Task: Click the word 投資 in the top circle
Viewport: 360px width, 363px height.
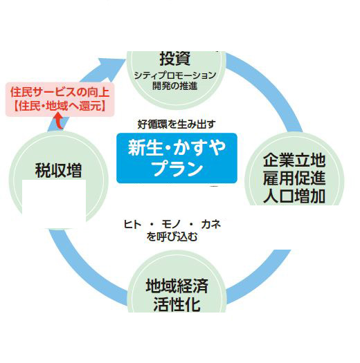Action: coord(175,58)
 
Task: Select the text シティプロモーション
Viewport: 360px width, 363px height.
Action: coord(175,75)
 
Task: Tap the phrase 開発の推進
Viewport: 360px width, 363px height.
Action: coord(175,86)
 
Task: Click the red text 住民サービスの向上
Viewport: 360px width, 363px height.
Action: coord(60,92)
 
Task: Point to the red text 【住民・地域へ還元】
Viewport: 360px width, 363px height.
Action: coord(60,106)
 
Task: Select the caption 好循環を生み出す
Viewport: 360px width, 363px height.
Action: coord(177,124)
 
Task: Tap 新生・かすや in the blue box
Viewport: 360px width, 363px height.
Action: coord(177,147)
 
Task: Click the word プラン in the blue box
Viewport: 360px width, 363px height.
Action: coord(177,168)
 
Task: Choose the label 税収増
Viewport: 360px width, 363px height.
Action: coord(58,170)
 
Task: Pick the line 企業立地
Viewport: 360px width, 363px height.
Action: coord(294,160)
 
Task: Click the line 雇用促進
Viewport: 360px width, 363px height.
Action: coord(294,178)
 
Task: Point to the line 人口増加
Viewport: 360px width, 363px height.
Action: coord(294,196)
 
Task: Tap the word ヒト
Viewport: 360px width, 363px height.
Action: coord(132,224)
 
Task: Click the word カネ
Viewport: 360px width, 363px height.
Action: coord(211,224)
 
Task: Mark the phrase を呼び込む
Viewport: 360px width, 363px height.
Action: coord(172,236)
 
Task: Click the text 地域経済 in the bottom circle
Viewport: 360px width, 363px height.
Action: coord(177,286)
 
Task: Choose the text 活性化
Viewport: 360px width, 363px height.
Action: coord(177,304)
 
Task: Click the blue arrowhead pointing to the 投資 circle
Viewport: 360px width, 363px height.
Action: coord(111,67)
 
